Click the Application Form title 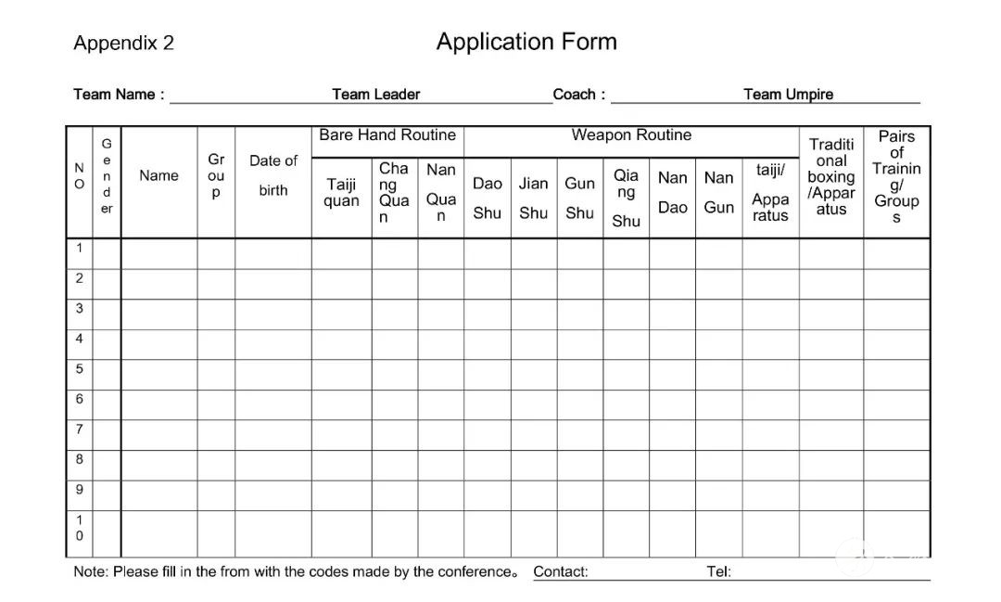pos(526,42)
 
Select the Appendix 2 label pos(123,44)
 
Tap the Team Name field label pos(119,95)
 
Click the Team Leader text pos(375,95)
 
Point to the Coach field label pos(578,95)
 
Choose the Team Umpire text pos(788,95)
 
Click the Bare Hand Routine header pos(387,135)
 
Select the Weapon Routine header pos(631,135)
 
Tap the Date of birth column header pos(273,175)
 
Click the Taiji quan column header pos(341,193)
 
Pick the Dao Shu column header pos(487,198)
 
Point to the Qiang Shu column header pos(626,198)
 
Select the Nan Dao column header pos(672,192)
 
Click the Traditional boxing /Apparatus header pos(831,176)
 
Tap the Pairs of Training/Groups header pos(896,176)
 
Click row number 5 pos(80,368)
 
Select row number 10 pos(80,528)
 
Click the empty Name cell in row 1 pos(158,253)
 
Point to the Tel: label pos(718,571)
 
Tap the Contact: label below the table pos(561,571)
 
